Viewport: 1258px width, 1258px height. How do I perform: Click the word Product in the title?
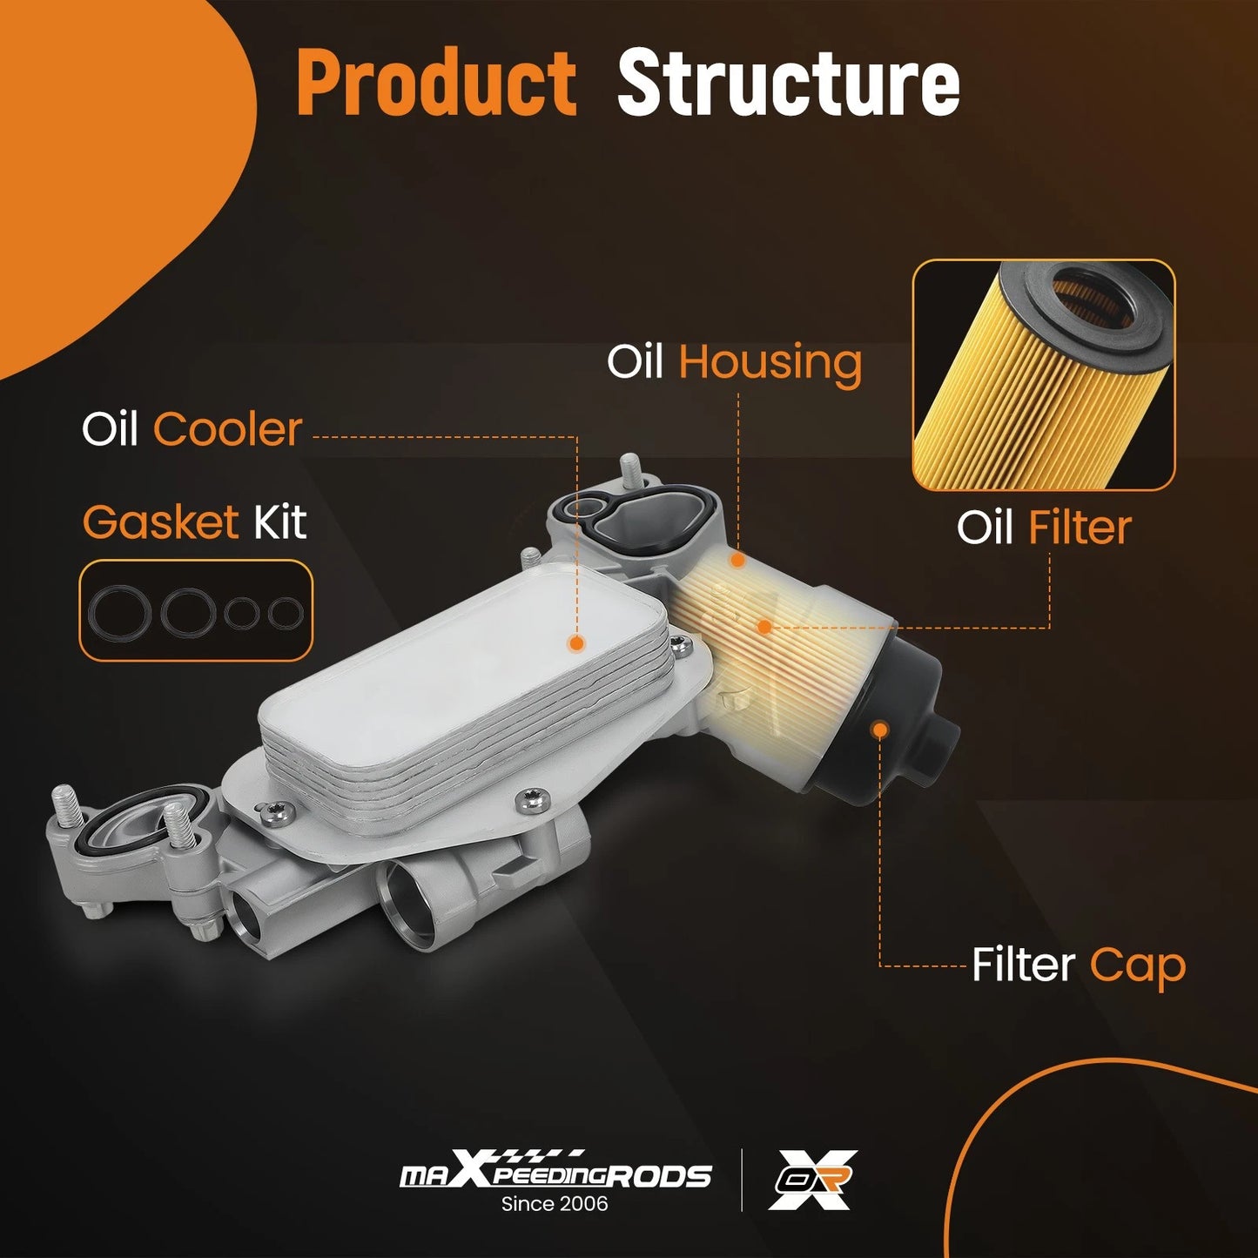pos(436,83)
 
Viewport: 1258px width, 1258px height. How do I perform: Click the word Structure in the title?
pos(788,83)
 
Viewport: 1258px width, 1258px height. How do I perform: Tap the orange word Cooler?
pos(228,429)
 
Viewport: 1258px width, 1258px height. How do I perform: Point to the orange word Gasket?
pos(160,523)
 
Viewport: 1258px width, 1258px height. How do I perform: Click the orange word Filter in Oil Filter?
pos(1080,528)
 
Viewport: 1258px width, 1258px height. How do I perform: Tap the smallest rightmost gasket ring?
pos(286,614)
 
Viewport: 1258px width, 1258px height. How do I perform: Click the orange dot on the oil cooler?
pos(575,643)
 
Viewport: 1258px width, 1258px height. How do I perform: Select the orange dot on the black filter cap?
pos(880,730)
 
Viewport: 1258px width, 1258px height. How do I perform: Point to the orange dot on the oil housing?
pos(737,560)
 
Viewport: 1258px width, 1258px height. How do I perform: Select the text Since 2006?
pos(555,1204)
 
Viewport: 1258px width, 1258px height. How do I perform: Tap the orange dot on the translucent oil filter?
pos(764,628)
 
